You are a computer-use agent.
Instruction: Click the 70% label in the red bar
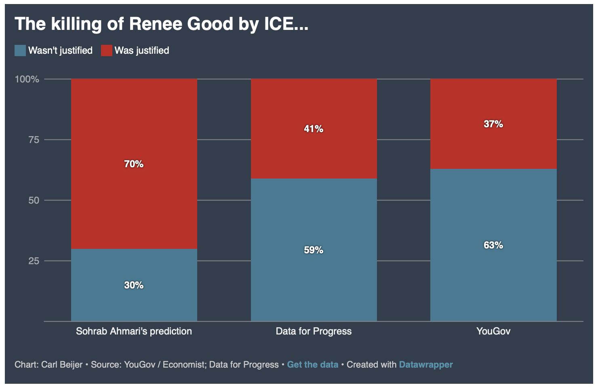tap(134, 164)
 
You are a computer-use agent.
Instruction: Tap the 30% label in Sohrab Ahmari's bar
tap(134, 285)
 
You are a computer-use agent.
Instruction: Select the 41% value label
tap(314, 129)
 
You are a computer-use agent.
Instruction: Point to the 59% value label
tap(314, 250)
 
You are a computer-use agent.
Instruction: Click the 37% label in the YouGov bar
tap(493, 124)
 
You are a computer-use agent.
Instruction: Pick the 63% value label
tap(493, 245)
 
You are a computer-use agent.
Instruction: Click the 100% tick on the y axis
tap(27, 79)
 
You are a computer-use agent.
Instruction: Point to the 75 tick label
tap(34, 140)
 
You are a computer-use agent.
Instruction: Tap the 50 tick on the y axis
tap(34, 200)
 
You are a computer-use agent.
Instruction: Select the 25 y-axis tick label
tap(34, 261)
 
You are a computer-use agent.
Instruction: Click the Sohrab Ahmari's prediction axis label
tap(134, 331)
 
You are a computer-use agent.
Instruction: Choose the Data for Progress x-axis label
tap(314, 331)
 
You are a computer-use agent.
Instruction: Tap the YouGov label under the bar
tap(493, 331)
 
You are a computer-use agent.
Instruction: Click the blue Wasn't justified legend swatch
tap(20, 50)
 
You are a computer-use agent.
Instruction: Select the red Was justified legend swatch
tap(107, 50)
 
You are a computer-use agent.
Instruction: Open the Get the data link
tap(313, 364)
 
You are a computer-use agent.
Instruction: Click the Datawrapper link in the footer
tap(426, 364)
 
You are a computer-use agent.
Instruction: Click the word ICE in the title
tap(282, 24)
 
